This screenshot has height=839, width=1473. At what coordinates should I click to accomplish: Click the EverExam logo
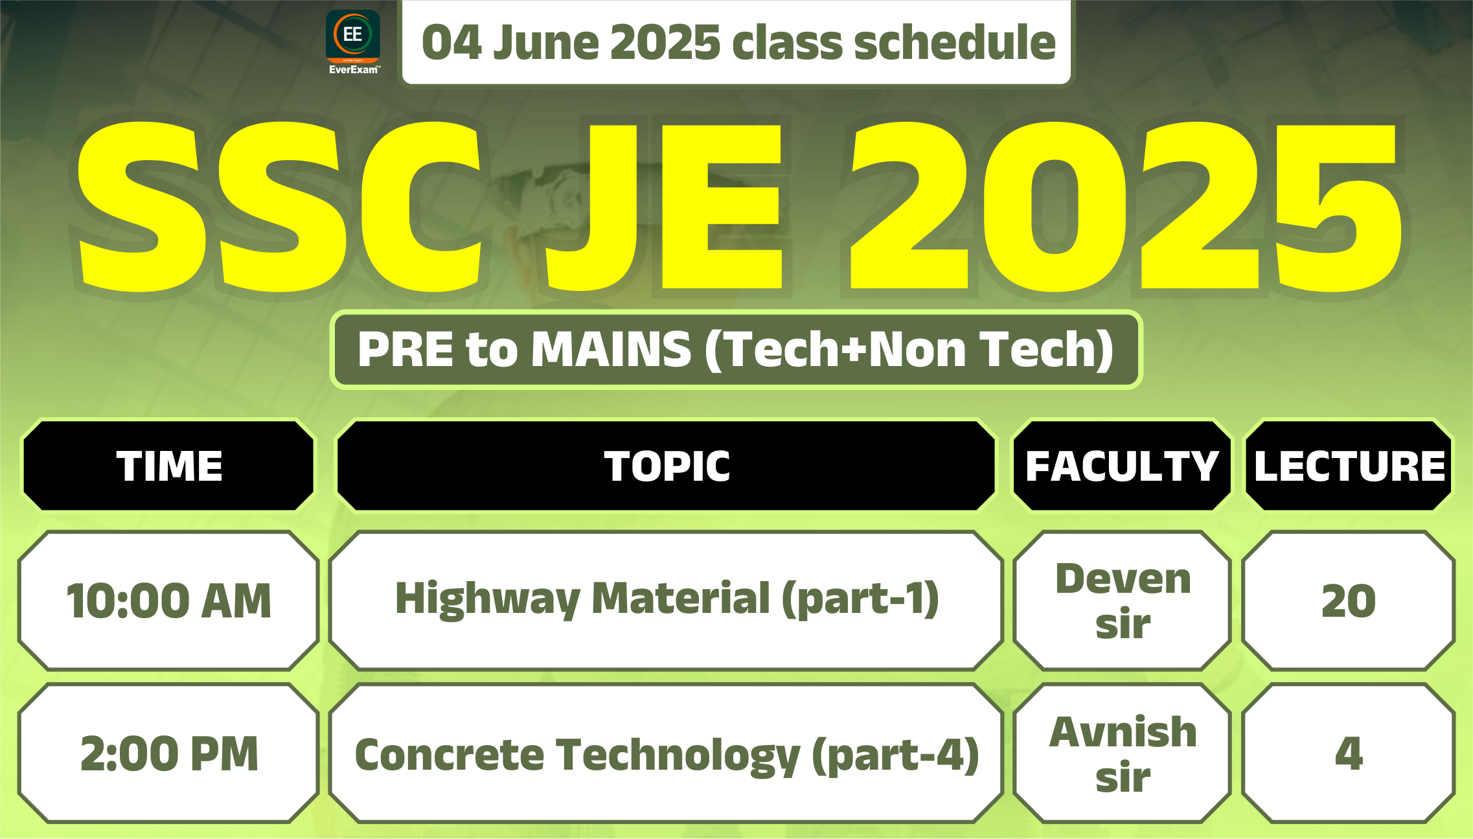coord(353,42)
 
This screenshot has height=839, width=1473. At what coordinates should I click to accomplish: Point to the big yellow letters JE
coord(665,205)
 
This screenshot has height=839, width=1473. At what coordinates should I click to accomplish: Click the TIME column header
coord(169,466)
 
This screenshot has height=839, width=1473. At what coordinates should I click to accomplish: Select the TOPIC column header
coord(667,466)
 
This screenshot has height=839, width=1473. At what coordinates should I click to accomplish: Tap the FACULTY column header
coord(1123,466)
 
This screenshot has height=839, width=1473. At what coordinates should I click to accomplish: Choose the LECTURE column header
coord(1349,466)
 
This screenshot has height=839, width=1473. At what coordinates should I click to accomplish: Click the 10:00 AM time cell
coord(169,601)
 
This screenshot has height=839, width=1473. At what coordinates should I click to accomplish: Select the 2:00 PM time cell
coord(169,753)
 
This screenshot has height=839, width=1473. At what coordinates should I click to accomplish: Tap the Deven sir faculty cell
coord(1123,601)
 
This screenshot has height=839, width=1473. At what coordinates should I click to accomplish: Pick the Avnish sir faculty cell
coord(1123,753)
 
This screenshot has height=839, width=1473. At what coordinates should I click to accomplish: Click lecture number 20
coord(1349,601)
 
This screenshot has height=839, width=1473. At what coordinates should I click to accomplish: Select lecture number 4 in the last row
coord(1349,753)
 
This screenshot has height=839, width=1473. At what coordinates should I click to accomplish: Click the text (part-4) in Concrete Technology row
coord(895,755)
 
